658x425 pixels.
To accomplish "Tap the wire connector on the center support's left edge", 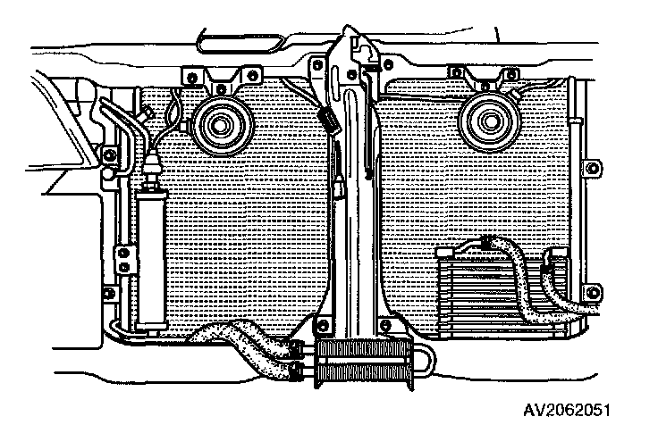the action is coord(328,120).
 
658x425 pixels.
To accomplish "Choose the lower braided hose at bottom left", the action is coord(259,357).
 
